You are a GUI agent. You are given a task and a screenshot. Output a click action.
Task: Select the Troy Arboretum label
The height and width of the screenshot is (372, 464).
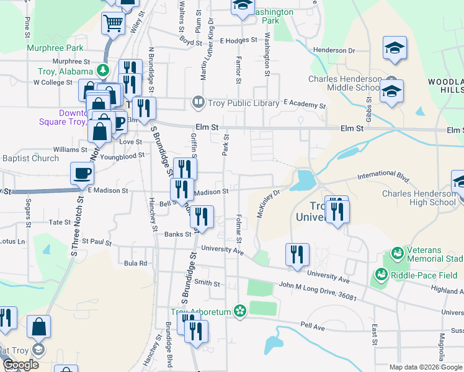(202, 312)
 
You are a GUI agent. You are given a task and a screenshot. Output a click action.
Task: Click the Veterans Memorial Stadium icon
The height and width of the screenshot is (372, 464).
(396, 255)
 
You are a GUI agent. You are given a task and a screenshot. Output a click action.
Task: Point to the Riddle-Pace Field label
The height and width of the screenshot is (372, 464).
(417, 274)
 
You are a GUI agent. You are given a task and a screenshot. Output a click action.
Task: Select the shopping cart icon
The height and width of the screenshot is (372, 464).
(114, 24)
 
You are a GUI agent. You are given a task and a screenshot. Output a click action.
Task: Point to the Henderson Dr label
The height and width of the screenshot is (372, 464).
(334, 50)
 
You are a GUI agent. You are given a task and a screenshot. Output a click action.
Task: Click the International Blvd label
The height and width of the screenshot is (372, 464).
(383, 179)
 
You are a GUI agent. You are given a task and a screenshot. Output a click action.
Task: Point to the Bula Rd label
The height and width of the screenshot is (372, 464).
(135, 263)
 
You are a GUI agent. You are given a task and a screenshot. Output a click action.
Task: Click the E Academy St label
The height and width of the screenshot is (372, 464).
(304, 105)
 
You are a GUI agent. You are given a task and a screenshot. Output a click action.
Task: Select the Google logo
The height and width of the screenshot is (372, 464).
(20, 365)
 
